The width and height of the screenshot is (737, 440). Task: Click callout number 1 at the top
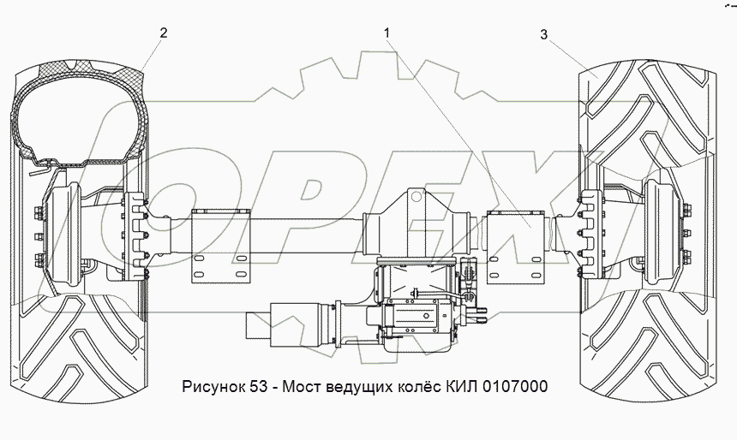[386, 33]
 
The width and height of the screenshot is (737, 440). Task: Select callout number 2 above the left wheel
[163, 33]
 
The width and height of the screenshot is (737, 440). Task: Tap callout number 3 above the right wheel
[544, 35]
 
